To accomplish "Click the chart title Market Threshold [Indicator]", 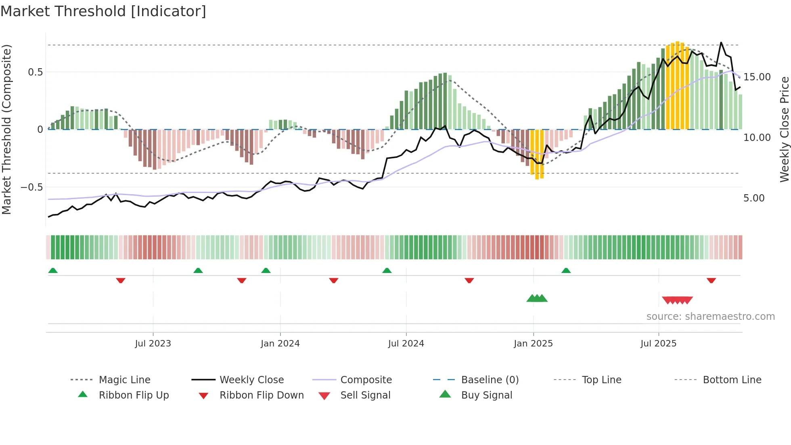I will (103, 11).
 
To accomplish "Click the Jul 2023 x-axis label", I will (153, 344).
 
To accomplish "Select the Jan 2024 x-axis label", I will (280, 344).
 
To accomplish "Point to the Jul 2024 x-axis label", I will (406, 344).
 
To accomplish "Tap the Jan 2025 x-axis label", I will (533, 344).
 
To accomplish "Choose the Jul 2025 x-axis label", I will (658, 344).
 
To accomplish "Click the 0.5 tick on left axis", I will (35, 72).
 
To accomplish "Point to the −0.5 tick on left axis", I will (32, 187).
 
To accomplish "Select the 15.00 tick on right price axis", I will (757, 77).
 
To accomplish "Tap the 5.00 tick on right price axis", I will (754, 198).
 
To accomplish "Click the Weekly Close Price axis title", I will (784, 129).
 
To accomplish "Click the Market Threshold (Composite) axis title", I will (6, 129).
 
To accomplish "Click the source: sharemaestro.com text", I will (710, 317).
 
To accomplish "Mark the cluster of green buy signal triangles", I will (537, 298).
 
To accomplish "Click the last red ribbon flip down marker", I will (711, 280).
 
